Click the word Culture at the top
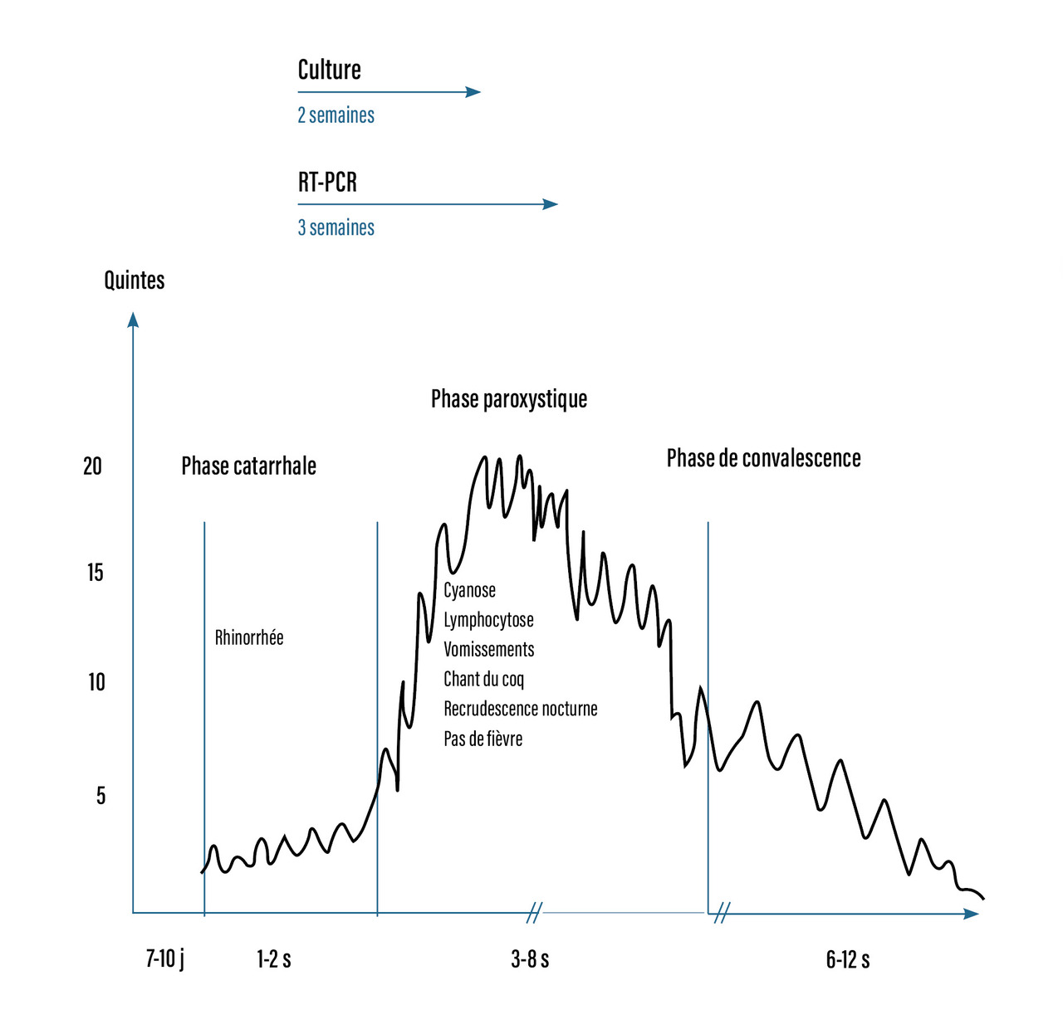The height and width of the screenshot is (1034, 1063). coord(329,70)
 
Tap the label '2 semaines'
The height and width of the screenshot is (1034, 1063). coord(336,115)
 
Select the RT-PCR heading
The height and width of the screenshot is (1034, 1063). coord(327,182)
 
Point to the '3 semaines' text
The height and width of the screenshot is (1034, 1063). coord(336,227)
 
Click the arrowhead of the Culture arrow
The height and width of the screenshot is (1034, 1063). coord(474,92)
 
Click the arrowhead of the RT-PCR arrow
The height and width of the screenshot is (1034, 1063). coord(551,204)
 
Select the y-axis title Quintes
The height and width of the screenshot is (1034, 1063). coord(134,280)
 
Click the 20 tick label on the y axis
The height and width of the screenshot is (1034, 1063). coord(92,466)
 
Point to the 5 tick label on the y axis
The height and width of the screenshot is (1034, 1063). coord(100,796)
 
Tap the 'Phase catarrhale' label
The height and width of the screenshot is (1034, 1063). coord(248,466)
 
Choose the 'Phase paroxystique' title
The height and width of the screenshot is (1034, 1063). coord(508,399)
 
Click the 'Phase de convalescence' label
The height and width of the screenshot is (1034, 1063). coord(763,458)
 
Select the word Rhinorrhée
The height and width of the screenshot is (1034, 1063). coord(249,637)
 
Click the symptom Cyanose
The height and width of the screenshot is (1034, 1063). coord(469,590)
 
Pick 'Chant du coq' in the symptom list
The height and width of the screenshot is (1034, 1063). coord(483,680)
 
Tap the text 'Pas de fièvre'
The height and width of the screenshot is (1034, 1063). coord(483,739)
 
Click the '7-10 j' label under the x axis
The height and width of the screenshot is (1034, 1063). coord(164,959)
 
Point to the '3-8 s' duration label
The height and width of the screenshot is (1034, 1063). coord(530,960)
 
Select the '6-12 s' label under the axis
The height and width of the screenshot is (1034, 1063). coord(847,960)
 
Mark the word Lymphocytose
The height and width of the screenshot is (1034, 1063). coord(488,620)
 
